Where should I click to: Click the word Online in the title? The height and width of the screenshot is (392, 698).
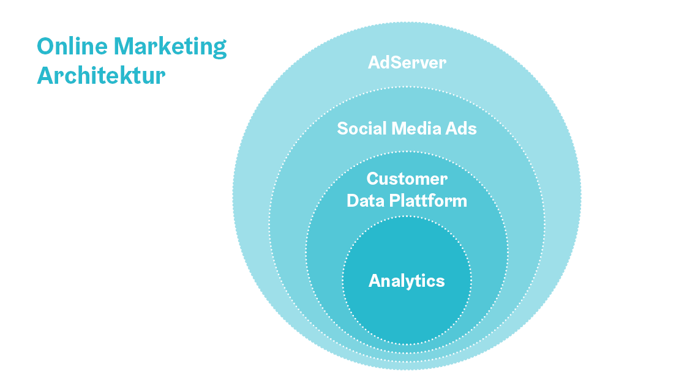point(72,46)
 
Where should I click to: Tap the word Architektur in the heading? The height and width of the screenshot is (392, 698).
point(101,75)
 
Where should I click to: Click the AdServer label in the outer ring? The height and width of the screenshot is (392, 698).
point(407,62)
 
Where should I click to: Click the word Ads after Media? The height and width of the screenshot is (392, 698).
point(460,128)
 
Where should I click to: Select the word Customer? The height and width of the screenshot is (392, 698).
point(407,179)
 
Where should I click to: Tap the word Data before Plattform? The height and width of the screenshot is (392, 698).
point(366,201)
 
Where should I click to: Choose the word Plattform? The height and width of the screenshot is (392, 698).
point(428,201)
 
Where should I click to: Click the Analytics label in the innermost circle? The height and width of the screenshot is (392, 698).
point(407,281)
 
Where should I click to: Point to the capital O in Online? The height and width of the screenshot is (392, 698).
point(46,46)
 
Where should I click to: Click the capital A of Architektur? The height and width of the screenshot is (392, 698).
point(46,76)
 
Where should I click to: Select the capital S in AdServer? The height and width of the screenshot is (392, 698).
point(392,62)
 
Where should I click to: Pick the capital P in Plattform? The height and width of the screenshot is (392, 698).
point(395,201)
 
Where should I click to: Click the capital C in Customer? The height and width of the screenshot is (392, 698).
point(373,179)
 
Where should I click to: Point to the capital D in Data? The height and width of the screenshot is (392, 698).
point(353,201)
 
